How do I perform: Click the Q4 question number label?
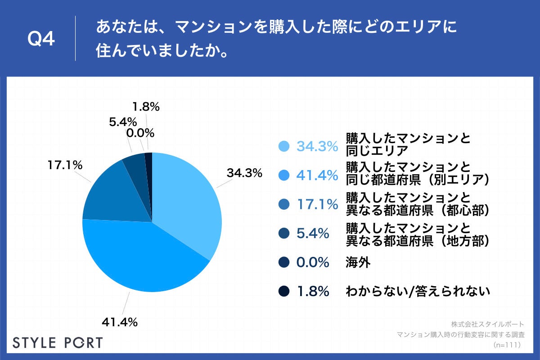(41, 40)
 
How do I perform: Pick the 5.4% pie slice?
(135, 164)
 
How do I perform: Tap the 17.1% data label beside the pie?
(65, 166)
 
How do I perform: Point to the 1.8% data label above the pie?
(146, 107)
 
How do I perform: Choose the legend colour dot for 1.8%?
(284, 292)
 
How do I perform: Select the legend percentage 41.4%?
(317, 175)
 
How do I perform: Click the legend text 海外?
(358, 263)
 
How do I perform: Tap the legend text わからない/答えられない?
(417, 292)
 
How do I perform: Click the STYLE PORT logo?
(58, 342)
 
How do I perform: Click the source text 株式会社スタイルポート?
(487, 324)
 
